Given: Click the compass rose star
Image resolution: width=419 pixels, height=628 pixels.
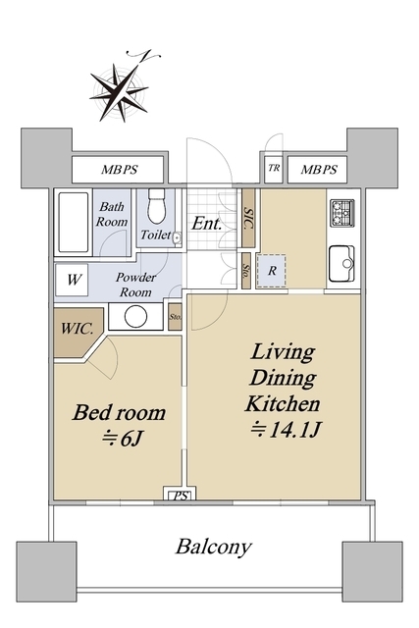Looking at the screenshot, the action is click(120, 93).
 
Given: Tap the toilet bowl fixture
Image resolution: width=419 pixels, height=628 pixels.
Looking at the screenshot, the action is click(156, 206).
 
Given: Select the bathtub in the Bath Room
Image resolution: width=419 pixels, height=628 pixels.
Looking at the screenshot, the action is click(74, 223).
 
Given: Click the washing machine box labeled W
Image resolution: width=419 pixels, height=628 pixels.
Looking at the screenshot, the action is click(72, 280).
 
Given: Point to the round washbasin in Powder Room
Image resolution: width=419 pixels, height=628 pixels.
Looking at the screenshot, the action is click(135, 316).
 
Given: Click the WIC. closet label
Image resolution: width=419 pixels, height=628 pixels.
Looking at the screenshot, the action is click(77, 330).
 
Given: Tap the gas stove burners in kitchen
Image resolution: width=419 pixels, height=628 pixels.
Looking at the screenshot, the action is click(342, 213).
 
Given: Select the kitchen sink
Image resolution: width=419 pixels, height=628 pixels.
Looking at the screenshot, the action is click(341, 264).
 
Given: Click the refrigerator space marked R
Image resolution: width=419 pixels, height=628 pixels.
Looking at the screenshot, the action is click(272, 271).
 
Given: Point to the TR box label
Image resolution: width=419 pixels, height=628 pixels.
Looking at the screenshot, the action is click(274, 168).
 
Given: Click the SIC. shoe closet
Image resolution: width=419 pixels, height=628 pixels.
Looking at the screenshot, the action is click(248, 218).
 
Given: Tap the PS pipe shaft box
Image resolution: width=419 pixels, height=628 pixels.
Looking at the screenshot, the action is click(180, 495).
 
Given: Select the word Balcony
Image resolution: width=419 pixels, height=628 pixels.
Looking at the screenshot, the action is click(214, 547).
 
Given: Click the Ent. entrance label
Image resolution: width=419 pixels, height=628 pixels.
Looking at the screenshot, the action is click(206, 223).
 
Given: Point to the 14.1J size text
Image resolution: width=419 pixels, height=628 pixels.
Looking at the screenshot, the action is click(286, 430).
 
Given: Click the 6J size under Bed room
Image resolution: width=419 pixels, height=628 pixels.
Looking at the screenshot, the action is click(123, 439).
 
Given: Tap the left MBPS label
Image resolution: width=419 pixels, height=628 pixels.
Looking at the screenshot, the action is click(119, 170).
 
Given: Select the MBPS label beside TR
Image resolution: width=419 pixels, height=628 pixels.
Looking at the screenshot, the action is click(319, 170).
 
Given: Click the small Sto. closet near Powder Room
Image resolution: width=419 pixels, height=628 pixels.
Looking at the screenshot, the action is click(175, 317).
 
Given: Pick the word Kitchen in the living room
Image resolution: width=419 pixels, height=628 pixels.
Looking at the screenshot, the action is click(283, 403).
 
